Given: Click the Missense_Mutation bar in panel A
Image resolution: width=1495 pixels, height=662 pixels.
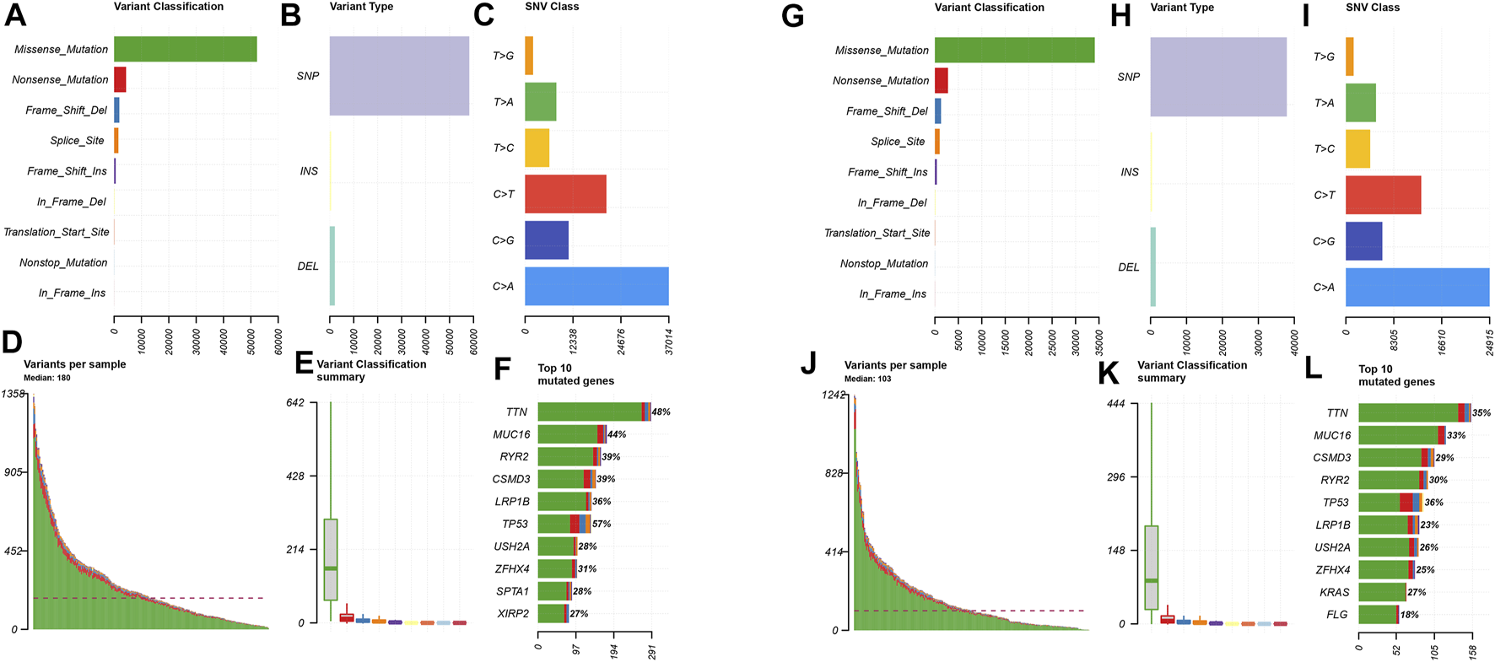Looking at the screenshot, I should [185, 49].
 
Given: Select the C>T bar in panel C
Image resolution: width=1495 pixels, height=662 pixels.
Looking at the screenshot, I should [565, 194].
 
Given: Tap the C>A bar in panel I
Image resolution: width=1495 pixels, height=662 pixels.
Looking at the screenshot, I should [1417, 287].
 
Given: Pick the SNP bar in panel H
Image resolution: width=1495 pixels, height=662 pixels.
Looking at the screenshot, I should [1217, 77].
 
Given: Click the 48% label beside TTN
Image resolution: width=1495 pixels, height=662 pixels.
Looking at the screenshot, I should [661, 412].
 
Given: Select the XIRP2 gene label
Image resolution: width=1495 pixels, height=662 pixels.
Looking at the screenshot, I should [513, 613].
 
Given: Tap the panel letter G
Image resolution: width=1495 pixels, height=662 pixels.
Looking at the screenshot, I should [792, 16].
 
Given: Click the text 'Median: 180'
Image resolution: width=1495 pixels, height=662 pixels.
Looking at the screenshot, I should [47, 378].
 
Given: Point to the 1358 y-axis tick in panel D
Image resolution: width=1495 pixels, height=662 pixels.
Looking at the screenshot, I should [13, 394].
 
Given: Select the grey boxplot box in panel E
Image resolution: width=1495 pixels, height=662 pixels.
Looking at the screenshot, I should [331, 560].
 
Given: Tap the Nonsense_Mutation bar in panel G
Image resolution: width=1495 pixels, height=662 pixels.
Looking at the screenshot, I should [941, 81].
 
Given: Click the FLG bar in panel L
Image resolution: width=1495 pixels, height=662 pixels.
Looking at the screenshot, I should [1378, 615].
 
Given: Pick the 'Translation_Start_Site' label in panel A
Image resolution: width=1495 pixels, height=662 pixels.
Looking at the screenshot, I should [57, 232].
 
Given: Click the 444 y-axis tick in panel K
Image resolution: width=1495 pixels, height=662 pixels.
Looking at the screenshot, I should [1115, 404].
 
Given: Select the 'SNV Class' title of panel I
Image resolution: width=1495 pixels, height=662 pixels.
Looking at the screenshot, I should [1373, 8].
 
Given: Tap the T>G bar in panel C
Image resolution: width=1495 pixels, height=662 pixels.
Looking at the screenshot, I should [529, 56].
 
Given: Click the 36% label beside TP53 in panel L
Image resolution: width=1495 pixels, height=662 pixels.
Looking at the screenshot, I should [1433, 503].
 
